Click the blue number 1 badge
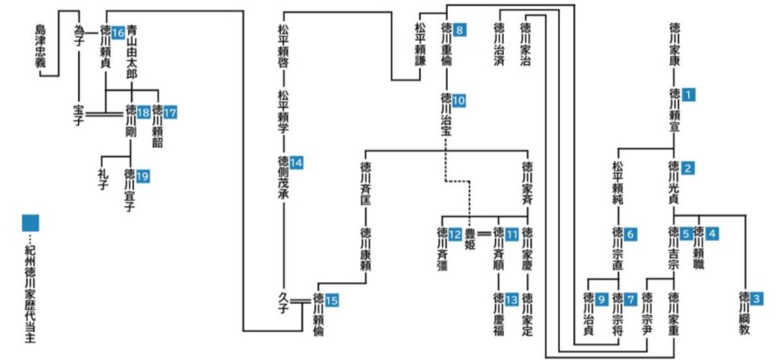[x=688, y=95]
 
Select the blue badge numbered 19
[x=142, y=176]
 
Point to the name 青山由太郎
[x=132, y=52]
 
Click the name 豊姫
[x=468, y=238]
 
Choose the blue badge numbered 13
[x=512, y=299]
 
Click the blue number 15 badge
[x=332, y=299]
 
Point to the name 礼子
[x=103, y=181]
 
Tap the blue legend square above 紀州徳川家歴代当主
[x=30, y=223]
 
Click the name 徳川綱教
[x=744, y=314]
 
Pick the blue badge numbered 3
[x=757, y=299]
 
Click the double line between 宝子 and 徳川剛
[x=103, y=114]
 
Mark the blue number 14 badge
[x=296, y=162]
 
